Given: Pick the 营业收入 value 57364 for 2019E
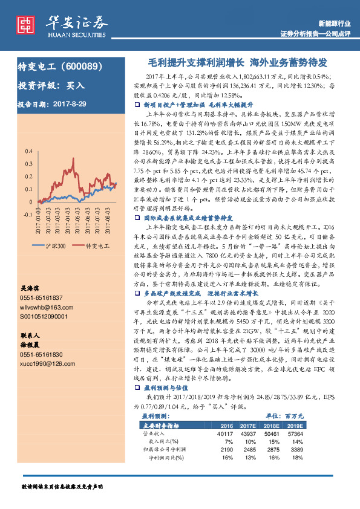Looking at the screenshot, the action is (329, 433).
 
